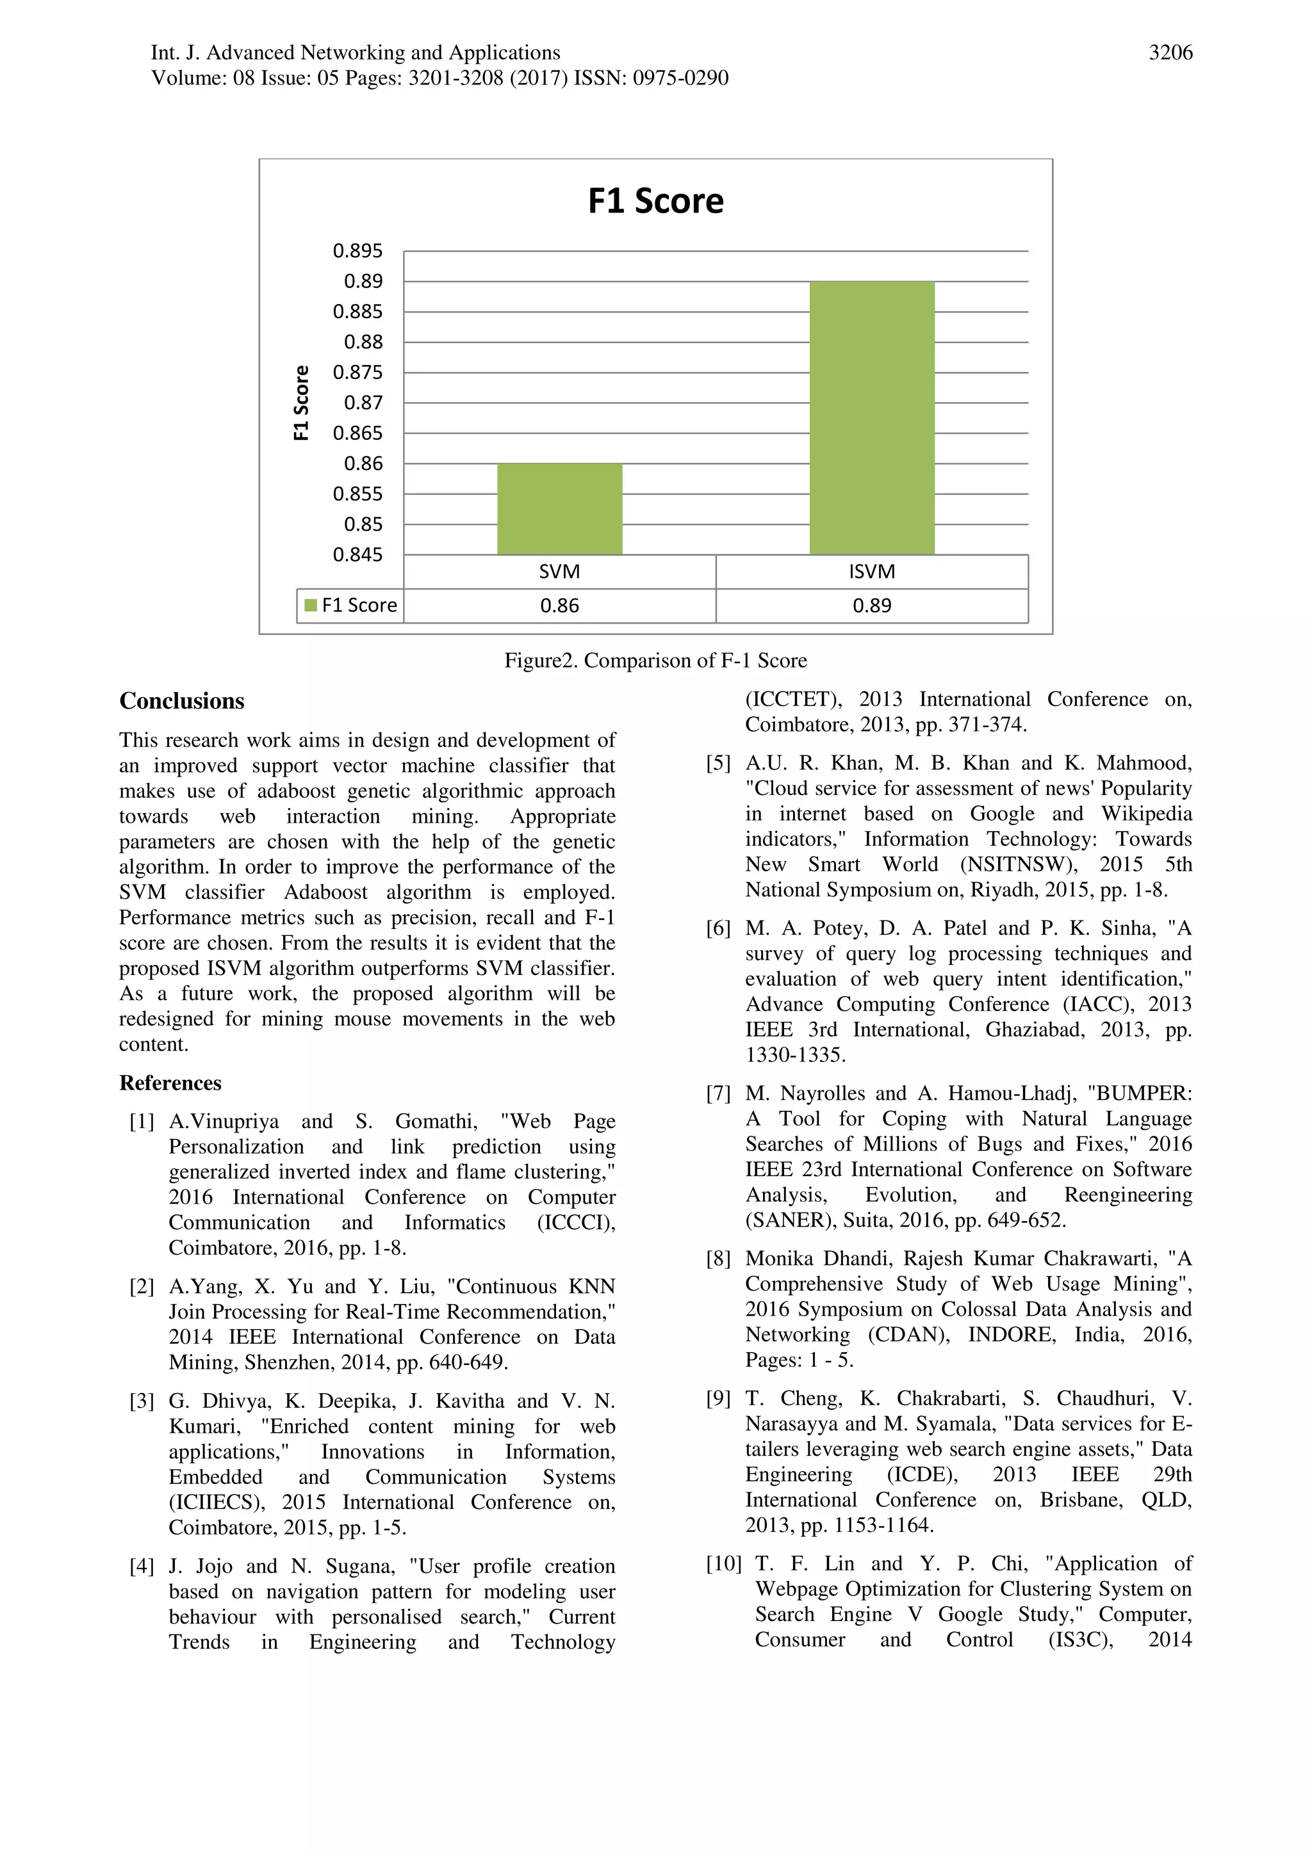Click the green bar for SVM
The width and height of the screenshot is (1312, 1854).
coord(559,509)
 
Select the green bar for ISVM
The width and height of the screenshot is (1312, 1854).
coord(872,417)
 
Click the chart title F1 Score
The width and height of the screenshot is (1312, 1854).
coord(655,201)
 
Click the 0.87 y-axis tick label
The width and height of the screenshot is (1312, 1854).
coord(363,403)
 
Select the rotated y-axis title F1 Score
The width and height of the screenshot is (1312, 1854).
coord(301,402)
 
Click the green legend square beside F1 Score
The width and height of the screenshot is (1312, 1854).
coord(310,606)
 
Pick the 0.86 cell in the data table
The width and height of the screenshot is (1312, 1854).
coord(559,606)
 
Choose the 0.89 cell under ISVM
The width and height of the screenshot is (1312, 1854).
coord(872,606)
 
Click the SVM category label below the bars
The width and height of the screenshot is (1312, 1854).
coord(559,572)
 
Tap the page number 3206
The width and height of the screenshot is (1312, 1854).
coord(1170,53)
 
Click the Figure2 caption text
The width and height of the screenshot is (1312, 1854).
coord(655,661)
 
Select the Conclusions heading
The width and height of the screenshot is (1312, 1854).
coord(182,701)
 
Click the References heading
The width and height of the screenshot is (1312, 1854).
coord(170,1083)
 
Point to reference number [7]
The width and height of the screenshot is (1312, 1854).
coord(717,1094)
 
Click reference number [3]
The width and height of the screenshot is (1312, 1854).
coord(142,1401)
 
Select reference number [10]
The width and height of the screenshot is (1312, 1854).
coord(723,1564)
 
